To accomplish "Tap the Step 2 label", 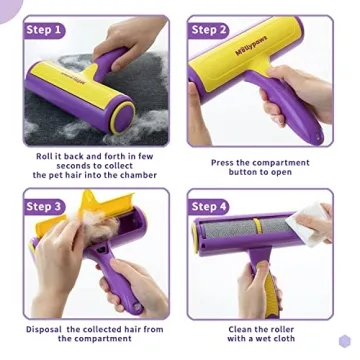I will pos(209,30).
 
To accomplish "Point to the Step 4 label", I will pos(209,206).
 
